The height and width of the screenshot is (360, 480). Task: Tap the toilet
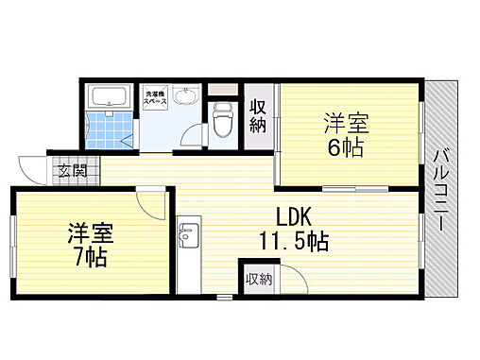click(223, 119)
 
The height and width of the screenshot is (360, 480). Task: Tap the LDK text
click(294, 214)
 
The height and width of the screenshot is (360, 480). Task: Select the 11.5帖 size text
click(294, 241)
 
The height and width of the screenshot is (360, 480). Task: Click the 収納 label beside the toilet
click(258, 115)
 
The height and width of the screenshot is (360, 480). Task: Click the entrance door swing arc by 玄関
click(36, 167)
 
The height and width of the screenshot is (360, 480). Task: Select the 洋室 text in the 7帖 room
click(87, 231)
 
